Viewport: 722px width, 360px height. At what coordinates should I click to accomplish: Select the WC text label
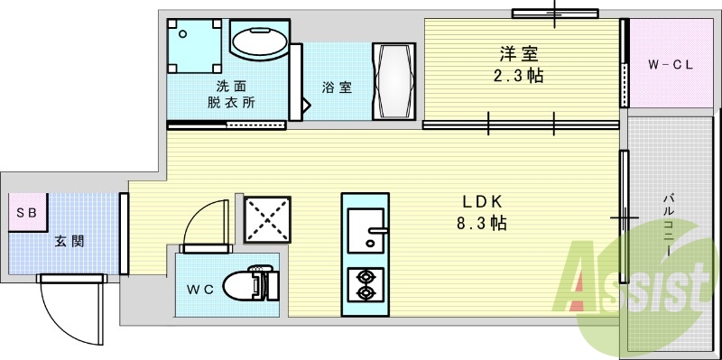(199, 290)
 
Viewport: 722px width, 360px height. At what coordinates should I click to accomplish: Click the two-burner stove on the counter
(366, 284)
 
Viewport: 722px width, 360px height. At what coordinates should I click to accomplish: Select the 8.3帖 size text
(483, 223)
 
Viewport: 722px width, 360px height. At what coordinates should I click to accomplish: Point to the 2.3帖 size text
(520, 75)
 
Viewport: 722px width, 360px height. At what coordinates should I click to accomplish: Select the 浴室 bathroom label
(338, 88)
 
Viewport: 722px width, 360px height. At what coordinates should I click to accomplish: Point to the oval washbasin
(260, 42)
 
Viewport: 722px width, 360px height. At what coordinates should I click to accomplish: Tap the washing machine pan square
(196, 45)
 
